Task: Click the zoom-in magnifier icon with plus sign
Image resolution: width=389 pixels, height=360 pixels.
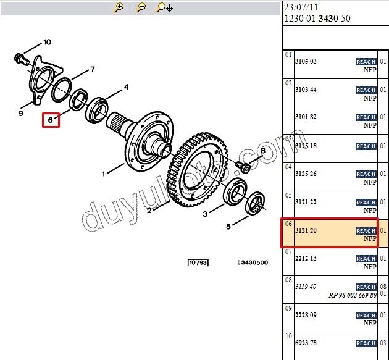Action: [x=119, y=7]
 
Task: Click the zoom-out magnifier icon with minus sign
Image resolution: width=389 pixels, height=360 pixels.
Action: [x=141, y=7]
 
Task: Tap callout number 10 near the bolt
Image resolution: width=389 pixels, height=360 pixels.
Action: [x=48, y=42]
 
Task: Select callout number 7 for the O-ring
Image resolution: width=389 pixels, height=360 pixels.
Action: [x=93, y=69]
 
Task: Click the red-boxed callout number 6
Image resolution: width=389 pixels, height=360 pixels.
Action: [x=51, y=120]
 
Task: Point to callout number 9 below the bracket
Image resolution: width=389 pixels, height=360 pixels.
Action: [x=21, y=114]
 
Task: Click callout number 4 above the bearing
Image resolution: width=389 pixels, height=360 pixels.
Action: [x=127, y=87]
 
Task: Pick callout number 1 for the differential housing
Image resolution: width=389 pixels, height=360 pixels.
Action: [x=104, y=174]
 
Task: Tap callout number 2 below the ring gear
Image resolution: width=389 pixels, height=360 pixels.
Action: [x=149, y=211]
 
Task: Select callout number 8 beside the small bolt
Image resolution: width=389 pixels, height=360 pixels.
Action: [x=263, y=151]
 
